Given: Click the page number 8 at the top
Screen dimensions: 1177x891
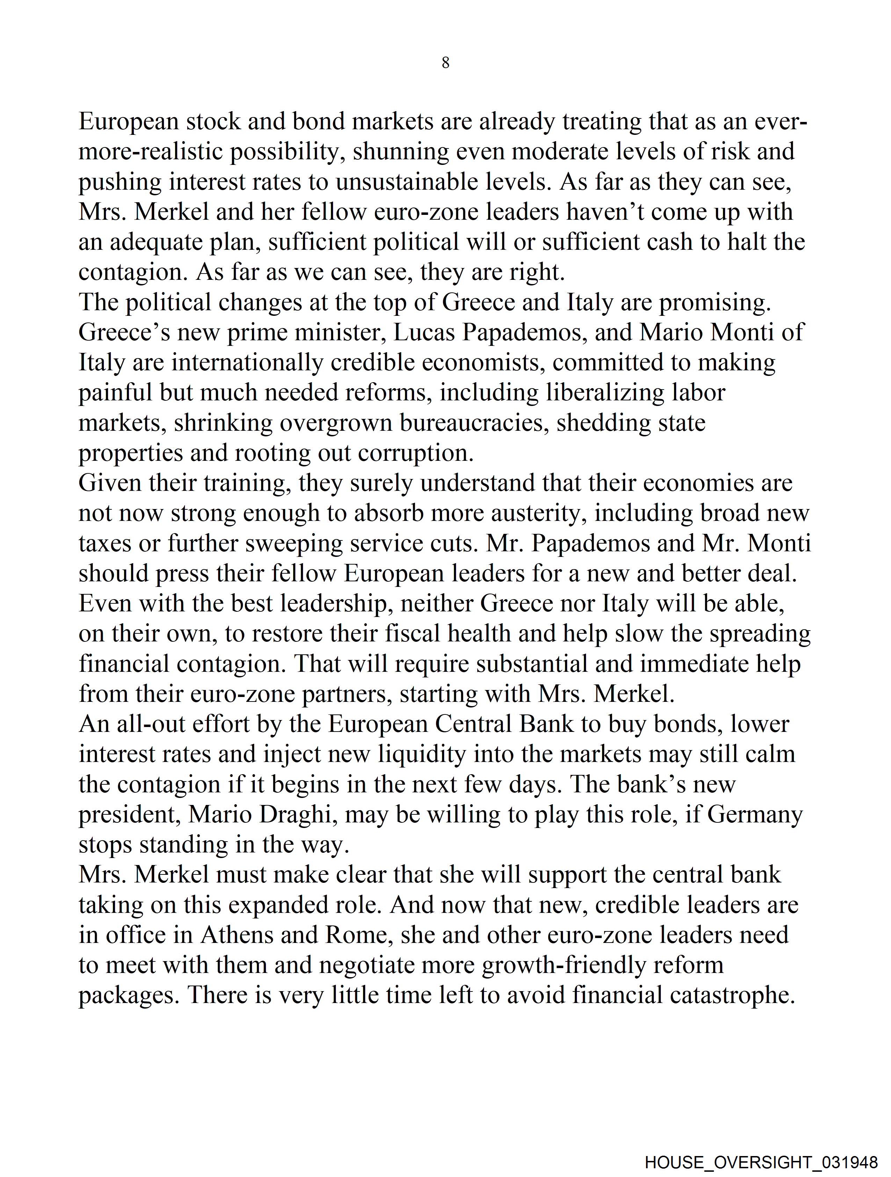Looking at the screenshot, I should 445,63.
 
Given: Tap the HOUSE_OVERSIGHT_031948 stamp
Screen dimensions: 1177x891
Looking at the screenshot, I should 761,1162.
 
